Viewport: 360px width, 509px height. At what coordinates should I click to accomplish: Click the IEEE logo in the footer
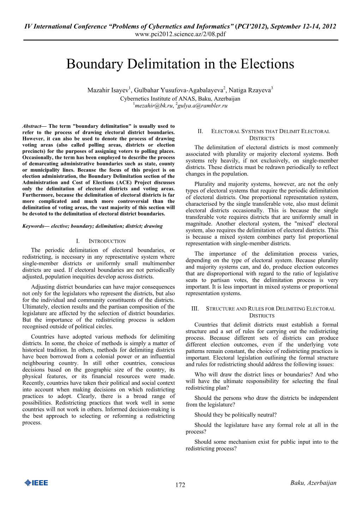pos(36,483)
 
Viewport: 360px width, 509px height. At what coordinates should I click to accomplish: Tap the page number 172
pos(180,485)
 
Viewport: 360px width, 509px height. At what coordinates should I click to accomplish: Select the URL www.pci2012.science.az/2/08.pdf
pos(180,34)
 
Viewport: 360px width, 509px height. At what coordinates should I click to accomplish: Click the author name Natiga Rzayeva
pos(250,90)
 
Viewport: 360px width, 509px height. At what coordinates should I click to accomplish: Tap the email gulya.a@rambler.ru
pos(203,106)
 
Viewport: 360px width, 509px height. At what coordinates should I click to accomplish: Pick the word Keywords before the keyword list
pos(33,226)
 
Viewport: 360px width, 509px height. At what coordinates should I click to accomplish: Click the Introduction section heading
pos(107,241)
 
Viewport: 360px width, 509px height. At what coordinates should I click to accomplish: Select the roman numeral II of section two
pos(200,131)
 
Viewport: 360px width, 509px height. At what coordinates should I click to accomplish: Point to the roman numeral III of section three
pos(195,309)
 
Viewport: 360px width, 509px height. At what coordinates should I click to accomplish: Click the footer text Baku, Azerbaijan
pos(313,483)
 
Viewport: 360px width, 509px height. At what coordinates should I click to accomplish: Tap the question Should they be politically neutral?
pos(235,415)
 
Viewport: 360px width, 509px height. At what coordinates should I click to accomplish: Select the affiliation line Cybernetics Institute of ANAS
pos(180,99)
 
